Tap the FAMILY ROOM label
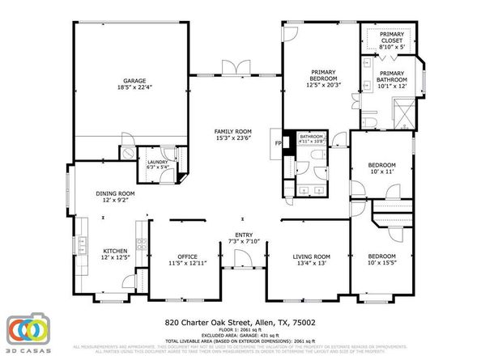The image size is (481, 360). click(x=232, y=131)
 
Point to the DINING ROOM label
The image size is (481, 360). click(x=116, y=193)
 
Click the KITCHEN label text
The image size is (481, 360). click(x=115, y=251)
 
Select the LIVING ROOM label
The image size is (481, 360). click(x=312, y=256)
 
